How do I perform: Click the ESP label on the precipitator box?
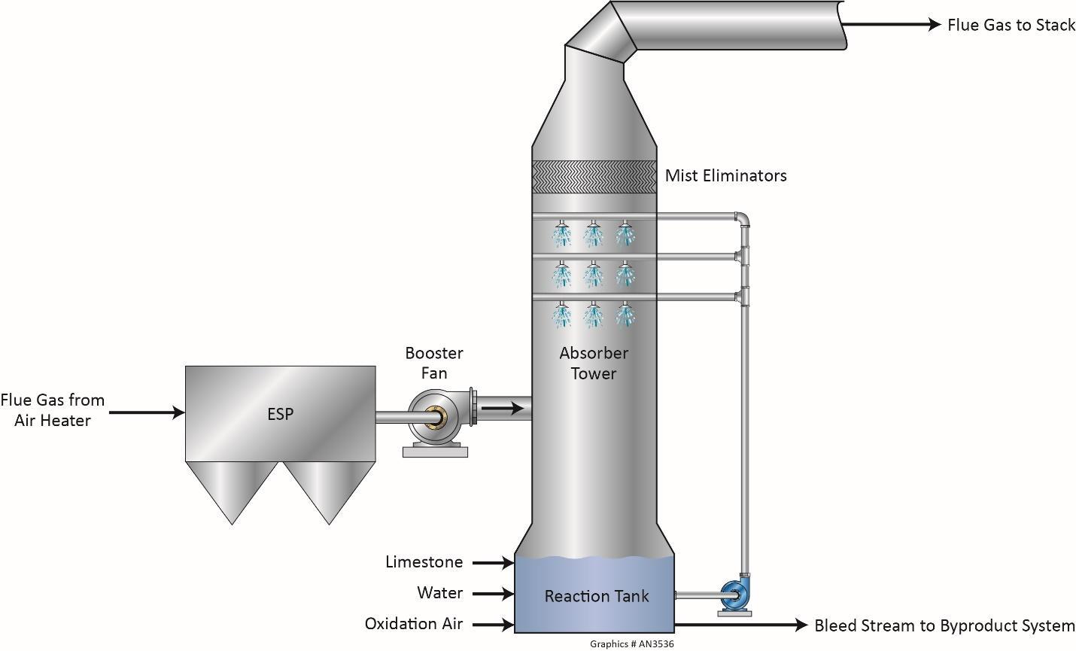280,414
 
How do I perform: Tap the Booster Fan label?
434,363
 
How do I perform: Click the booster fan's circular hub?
434,414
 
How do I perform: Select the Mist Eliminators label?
725,176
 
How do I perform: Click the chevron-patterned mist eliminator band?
594,178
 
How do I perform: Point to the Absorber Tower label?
594,363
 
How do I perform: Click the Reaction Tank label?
597,597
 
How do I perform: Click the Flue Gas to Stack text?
1011,26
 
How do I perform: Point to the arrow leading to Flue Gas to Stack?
892,25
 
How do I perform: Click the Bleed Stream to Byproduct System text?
944,626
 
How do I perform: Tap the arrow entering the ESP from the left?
147,412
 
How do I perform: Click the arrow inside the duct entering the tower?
503,409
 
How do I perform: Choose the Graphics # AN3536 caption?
631,644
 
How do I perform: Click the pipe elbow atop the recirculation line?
743,219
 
